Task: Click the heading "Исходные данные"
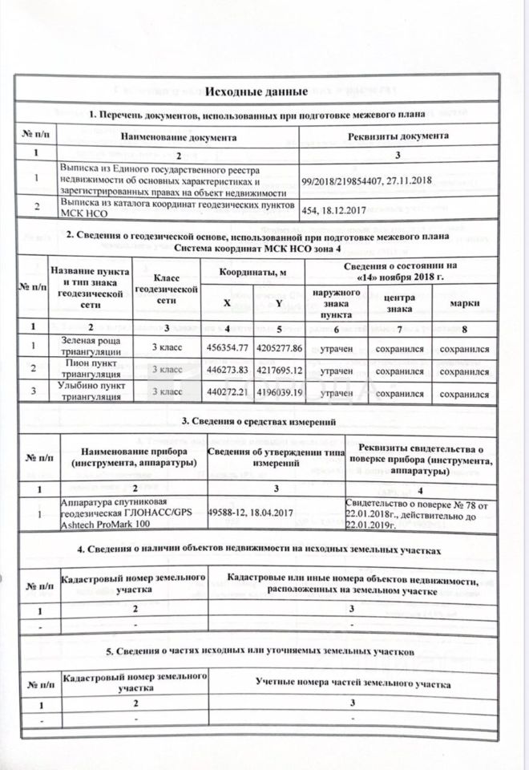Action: (x=264, y=95)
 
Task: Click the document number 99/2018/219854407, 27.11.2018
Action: (x=365, y=181)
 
